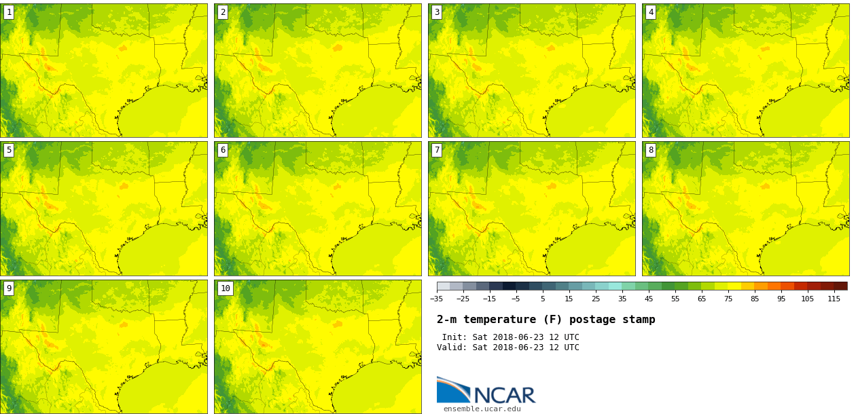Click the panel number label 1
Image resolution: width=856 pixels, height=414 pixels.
(9, 12)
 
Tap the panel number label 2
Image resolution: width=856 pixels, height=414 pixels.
(223, 12)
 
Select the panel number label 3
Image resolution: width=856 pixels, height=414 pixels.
(437, 12)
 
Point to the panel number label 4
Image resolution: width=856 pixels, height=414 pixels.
(651, 12)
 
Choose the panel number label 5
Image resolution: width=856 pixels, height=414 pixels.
(9, 150)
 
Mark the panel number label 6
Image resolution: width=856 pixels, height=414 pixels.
(223, 150)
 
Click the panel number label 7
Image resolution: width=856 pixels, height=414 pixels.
(437, 150)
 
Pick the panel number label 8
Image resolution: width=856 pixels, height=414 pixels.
(651, 150)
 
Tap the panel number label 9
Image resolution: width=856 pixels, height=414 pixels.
(9, 288)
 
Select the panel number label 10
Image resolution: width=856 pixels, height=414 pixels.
(226, 288)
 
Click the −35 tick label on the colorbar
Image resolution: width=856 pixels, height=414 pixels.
(436, 299)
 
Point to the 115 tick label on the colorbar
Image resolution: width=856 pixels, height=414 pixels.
(834, 299)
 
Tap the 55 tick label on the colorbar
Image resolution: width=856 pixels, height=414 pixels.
(675, 299)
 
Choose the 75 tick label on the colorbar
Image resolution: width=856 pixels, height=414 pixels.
(728, 299)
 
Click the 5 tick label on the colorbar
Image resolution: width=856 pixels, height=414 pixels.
(542, 299)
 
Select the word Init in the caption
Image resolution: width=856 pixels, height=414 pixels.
(453, 337)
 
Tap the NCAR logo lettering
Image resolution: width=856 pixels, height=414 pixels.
(504, 395)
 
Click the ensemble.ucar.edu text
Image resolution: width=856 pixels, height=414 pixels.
(482, 409)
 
